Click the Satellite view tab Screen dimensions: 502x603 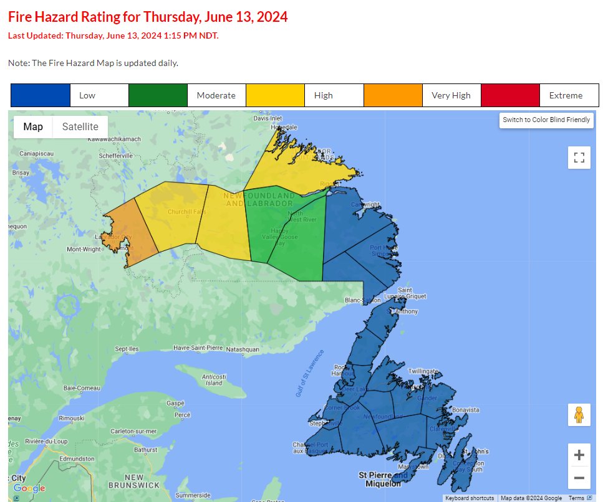[x=80, y=127]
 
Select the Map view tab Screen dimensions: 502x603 [x=33, y=127]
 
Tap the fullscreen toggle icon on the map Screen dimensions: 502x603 [x=579, y=158]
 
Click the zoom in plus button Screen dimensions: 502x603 [x=579, y=455]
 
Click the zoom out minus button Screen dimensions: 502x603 [x=579, y=478]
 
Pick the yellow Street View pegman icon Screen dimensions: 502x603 [x=579, y=415]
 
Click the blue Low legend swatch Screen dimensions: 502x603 [x=41, y=95]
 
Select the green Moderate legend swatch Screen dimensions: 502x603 [x=158, y=95]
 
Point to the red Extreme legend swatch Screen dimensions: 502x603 [x=509, y=95]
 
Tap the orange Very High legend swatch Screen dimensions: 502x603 [x=393, y=95]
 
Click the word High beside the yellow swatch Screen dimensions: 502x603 [x=324, y=95]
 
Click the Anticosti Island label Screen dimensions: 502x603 [x=214, y=380]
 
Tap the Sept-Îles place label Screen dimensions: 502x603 [x=126, y=349]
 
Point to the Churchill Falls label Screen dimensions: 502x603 [x=186, y=212]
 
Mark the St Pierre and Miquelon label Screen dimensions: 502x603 [x=384, y=479]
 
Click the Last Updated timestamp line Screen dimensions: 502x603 [x=113, y=36]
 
